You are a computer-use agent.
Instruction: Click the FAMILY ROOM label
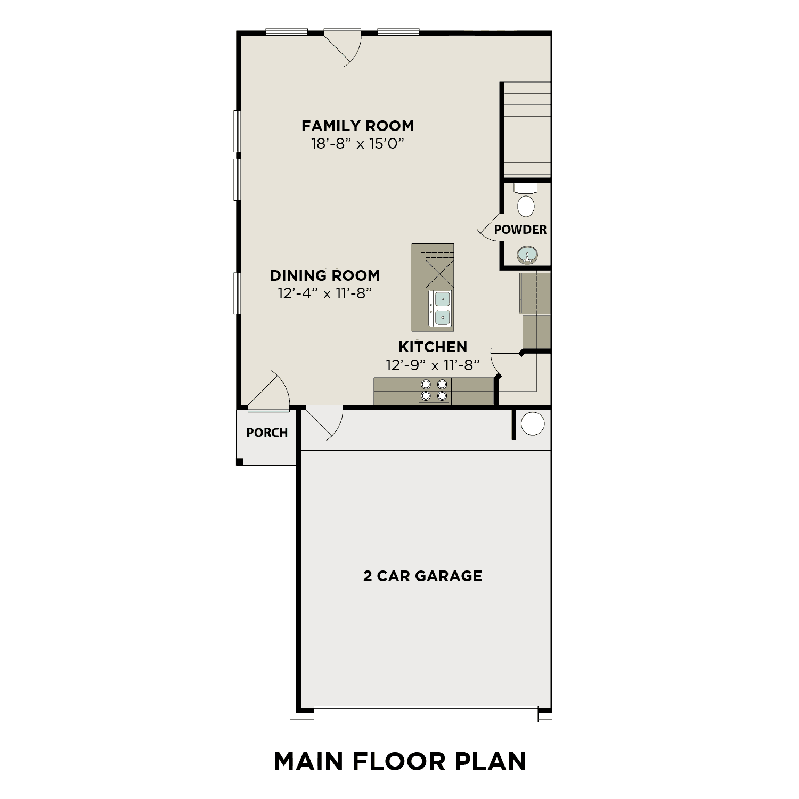coord(357,126)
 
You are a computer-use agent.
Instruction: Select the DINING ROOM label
coord(325,275)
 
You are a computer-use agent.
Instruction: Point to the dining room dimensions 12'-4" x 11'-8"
coord(324,293)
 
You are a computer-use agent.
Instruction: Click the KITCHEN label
coord(433,347)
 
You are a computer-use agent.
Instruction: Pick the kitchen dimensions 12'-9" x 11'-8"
coord(433,365)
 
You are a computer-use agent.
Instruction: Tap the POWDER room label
coord(520,230)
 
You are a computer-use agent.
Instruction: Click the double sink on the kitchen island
coord(442,308)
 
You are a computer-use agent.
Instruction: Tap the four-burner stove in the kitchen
coord(434,390)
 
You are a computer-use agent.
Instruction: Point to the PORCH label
coord(267,433)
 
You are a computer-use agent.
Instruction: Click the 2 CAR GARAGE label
coord(422,576)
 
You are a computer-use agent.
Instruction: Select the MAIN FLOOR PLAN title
coord(399,761)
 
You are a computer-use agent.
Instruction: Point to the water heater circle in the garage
coord(532,424)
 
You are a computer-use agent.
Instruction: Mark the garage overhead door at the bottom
coord(426,714)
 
